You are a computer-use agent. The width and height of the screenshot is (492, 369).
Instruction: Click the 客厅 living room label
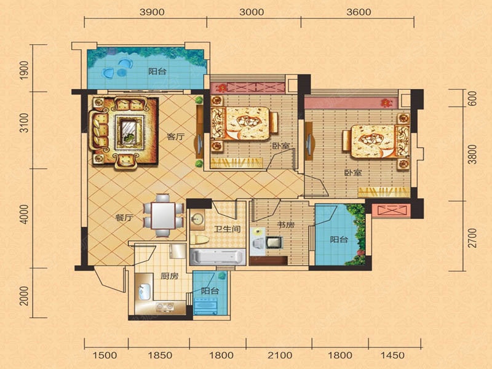click(175, 137)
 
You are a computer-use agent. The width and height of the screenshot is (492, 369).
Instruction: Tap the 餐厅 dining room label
click(124, 218)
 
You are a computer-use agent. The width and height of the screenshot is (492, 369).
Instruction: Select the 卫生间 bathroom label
click(228, 229)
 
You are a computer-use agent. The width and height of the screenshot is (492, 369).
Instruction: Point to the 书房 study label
click(286, 225)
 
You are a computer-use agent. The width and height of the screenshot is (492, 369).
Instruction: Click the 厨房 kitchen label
click(170, 276)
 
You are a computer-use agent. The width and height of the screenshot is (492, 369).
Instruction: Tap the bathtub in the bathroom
click(218, 256)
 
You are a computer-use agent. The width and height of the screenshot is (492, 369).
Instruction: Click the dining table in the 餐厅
click(163, 215)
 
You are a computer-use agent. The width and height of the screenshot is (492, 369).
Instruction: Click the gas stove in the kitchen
click(165, 307)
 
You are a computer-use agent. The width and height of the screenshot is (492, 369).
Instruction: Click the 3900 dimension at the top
click(152, 12)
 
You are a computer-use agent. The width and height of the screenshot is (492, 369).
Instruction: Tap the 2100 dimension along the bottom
click(280, 355)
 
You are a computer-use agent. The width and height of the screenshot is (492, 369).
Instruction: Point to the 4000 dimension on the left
click(24, 214)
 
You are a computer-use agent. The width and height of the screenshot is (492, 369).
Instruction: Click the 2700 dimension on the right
click(472, 238)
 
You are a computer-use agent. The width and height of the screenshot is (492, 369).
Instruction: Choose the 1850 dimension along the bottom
click(160, 355)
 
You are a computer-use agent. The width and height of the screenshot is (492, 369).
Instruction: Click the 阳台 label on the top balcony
click(157, 71)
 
